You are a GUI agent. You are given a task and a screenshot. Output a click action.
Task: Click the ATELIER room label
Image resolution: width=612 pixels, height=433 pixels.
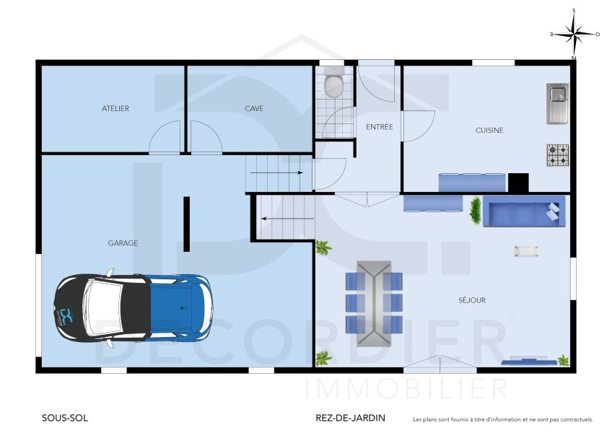coord(115,108)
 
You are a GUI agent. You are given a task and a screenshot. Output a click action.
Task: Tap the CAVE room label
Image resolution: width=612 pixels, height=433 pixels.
coord(254,108)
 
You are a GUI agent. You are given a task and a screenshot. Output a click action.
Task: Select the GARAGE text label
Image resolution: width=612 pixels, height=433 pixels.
coord(123,243)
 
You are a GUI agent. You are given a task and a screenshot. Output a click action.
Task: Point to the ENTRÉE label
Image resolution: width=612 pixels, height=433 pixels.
coord(379,127)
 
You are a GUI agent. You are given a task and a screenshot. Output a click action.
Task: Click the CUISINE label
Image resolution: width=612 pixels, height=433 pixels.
coord(489,131)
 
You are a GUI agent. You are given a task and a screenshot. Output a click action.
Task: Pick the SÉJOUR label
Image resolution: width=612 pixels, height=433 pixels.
coord(472,300)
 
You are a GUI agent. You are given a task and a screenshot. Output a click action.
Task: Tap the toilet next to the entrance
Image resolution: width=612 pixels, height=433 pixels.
coord(334,84)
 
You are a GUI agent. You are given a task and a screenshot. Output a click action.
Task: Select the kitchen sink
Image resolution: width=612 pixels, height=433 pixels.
coord(557,103)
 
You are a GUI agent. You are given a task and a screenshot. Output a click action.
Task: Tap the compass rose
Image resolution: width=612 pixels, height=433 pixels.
coord(574,33)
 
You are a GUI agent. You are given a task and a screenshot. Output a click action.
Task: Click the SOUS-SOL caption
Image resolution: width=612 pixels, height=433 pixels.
coord(64,418)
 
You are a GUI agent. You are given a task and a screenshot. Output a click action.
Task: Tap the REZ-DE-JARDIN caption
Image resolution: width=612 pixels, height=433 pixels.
coord(350,418)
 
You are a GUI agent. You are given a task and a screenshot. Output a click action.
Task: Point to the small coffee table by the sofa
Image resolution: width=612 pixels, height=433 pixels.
coord(525,250)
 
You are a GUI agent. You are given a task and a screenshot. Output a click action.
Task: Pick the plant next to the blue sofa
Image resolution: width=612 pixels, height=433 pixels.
coord(476,210)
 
